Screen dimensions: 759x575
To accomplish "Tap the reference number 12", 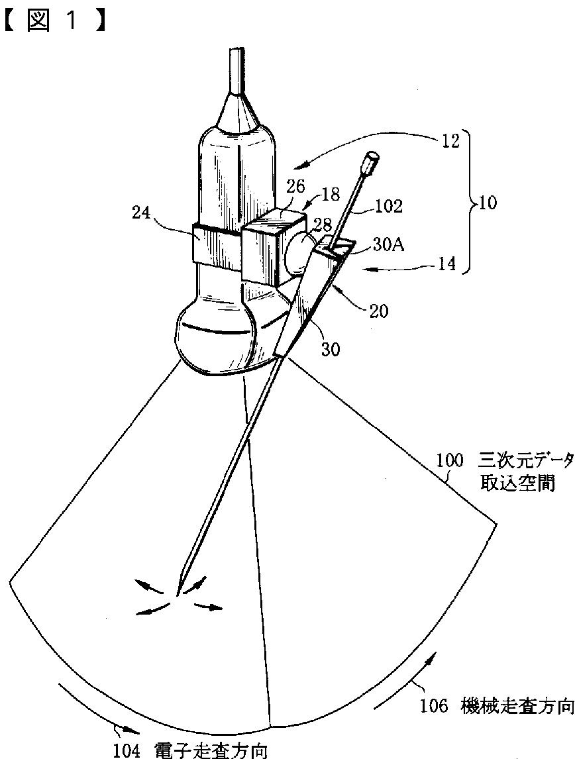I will click(450, 142).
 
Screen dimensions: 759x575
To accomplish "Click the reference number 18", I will click(331, 194).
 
